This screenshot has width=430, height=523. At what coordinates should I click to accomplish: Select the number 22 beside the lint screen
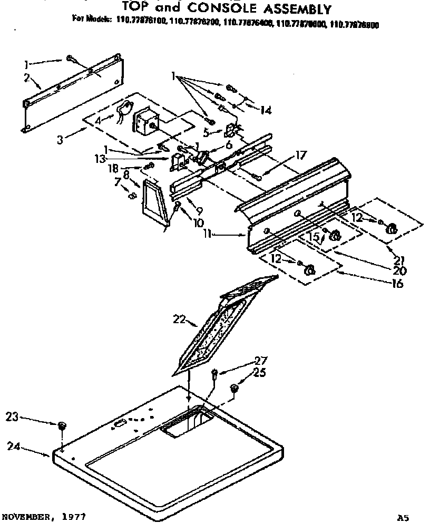[x=180, y=318]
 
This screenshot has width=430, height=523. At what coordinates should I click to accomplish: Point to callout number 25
[x=259, y=373]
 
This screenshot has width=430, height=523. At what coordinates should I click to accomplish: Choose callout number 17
[x=300, y=155]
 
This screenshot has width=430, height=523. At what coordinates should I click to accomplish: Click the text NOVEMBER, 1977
[x=44, y=515]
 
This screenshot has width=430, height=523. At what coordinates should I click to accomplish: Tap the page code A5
[x=403, y=517]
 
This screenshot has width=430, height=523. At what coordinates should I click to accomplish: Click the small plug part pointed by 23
[x=62, y=426]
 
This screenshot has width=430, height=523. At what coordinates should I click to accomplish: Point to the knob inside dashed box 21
[x=392, y=228]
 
